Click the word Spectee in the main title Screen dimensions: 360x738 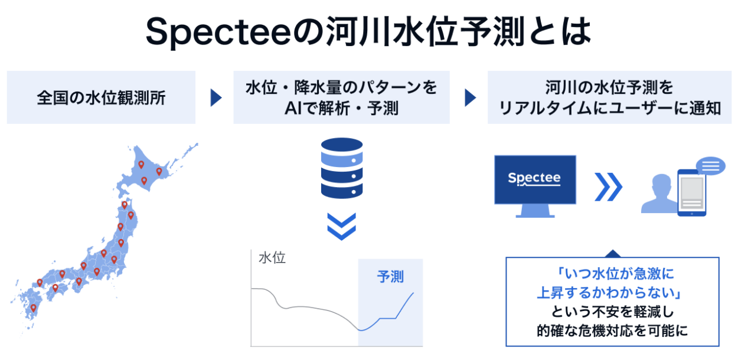point(218,34)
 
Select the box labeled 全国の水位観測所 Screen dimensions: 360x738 point(101,97)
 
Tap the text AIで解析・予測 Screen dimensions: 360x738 point(341,109)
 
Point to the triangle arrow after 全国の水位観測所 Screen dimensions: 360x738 point(216,98)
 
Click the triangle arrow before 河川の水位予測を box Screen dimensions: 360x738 point(470,98)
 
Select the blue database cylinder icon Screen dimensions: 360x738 point(341,168)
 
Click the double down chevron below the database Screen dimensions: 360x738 point(341,227)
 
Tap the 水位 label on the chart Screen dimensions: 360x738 point(272,258)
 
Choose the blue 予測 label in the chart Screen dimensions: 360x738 point(391,276)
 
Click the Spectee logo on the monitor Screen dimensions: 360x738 point(535,178)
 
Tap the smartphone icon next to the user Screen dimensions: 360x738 point(691,193)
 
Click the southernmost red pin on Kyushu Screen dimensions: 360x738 point(33,307)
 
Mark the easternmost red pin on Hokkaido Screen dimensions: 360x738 point(159,172)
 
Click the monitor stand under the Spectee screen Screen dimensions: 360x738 point(535,212)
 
